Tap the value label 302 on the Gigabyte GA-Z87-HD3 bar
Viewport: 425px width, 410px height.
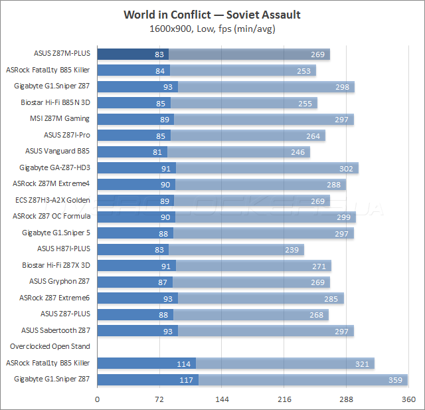click(346, 167)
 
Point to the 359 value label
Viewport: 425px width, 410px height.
click(396, 379)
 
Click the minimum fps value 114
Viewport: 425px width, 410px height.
click(185, 363)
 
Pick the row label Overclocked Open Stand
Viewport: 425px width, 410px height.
click(50, 346)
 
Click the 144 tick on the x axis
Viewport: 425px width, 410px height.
click(222, 399)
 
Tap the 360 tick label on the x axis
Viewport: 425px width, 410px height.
click(408, 399)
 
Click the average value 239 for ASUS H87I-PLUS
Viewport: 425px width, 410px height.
click(292, 249)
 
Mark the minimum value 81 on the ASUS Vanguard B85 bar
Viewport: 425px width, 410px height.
click(157, 152)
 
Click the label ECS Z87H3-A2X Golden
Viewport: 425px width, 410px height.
click(52, 200)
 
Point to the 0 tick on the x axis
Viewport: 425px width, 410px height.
click(98, 399)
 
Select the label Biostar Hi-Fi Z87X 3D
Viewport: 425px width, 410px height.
click(56, 265)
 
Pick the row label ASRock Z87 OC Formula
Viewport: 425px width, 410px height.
click(51, 216)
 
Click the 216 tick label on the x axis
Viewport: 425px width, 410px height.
click(284, 399)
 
